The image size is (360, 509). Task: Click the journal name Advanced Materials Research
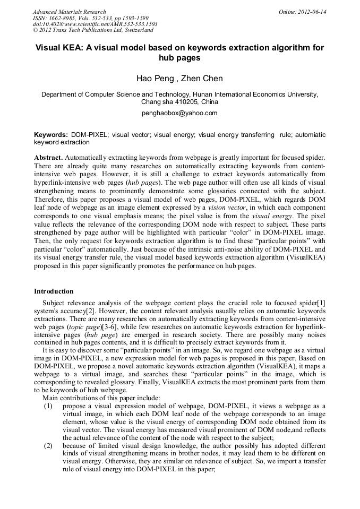click(69, 12)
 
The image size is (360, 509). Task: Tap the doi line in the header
click(95, 24)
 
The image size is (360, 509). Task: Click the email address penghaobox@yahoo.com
click(179, 113)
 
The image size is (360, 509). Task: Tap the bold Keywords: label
click(50, 135)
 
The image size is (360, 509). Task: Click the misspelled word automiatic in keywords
click(311, 135)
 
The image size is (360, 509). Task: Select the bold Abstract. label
click(49, 158)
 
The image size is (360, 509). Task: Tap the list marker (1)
click(48, 406)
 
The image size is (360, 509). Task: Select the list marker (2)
click(48, 446)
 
